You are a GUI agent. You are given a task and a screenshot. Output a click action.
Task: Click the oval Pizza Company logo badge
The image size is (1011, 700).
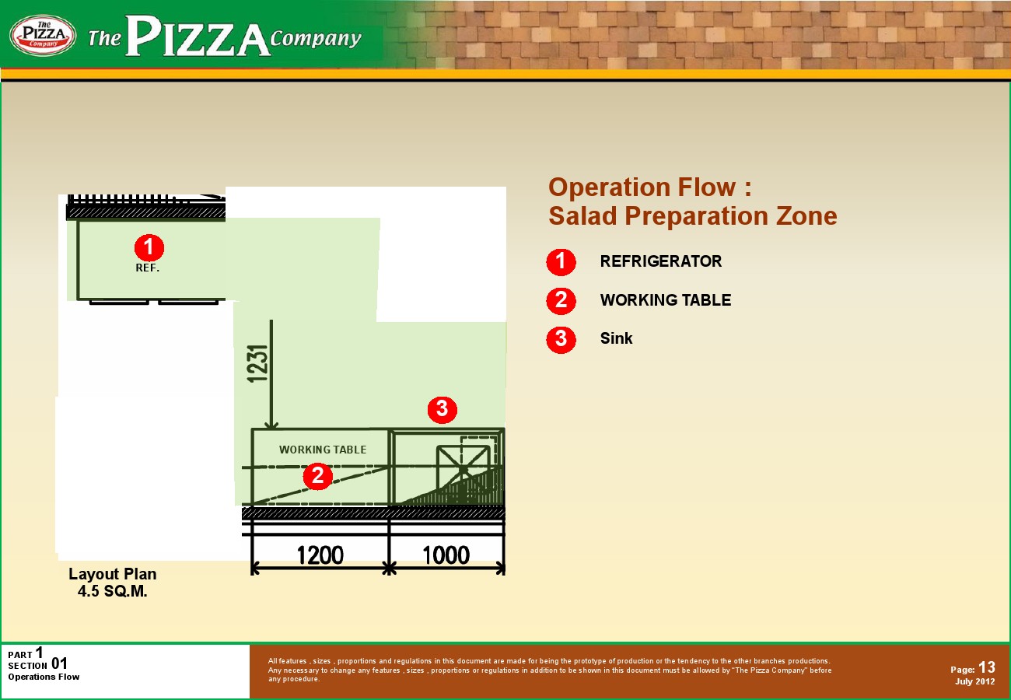[x=43, y=35]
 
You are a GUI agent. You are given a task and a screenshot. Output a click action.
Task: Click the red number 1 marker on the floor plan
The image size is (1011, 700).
[x=149, y=247]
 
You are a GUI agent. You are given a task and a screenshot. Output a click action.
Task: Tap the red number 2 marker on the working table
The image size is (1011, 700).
[x=318, y=476]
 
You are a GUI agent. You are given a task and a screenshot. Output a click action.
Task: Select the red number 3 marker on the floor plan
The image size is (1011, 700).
[x=443, y=409]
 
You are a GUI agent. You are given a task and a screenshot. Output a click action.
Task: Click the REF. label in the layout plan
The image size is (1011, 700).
[x=148, y=268]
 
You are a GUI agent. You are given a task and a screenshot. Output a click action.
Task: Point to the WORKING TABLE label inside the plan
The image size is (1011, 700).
[x=323, y=450]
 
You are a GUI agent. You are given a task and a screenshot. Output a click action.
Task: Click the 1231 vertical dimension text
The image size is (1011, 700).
[x=257, y=364]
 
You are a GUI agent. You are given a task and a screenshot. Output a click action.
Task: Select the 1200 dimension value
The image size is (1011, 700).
[x=320, y=555]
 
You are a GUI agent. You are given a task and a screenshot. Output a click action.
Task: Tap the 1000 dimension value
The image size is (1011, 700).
[x=446, y=555]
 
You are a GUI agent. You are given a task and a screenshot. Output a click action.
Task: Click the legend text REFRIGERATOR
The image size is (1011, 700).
[x=661, y=261]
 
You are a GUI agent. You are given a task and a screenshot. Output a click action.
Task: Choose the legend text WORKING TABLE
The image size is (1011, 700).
[x=665, y=299]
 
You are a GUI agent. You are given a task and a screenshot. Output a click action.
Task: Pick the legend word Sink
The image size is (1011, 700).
[x=616, y=338]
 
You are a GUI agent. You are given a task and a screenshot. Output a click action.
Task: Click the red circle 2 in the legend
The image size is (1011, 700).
[x=561, y=300]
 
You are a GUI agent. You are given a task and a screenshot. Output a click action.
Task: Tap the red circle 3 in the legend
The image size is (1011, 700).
[x=561, y=339]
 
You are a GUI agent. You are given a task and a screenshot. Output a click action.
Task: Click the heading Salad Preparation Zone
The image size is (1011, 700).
[x=693, y=215]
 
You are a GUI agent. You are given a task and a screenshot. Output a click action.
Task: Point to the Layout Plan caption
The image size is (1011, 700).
[x=113, y=574]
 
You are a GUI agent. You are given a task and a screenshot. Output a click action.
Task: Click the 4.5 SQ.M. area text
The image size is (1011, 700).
[x=113, y=591]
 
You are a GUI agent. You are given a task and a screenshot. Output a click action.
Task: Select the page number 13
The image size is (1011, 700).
[x=987, y=667]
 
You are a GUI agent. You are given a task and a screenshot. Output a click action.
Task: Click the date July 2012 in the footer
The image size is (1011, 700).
[x=975, y=681]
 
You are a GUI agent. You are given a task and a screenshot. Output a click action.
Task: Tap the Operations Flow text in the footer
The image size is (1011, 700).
[x=44, y=677]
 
